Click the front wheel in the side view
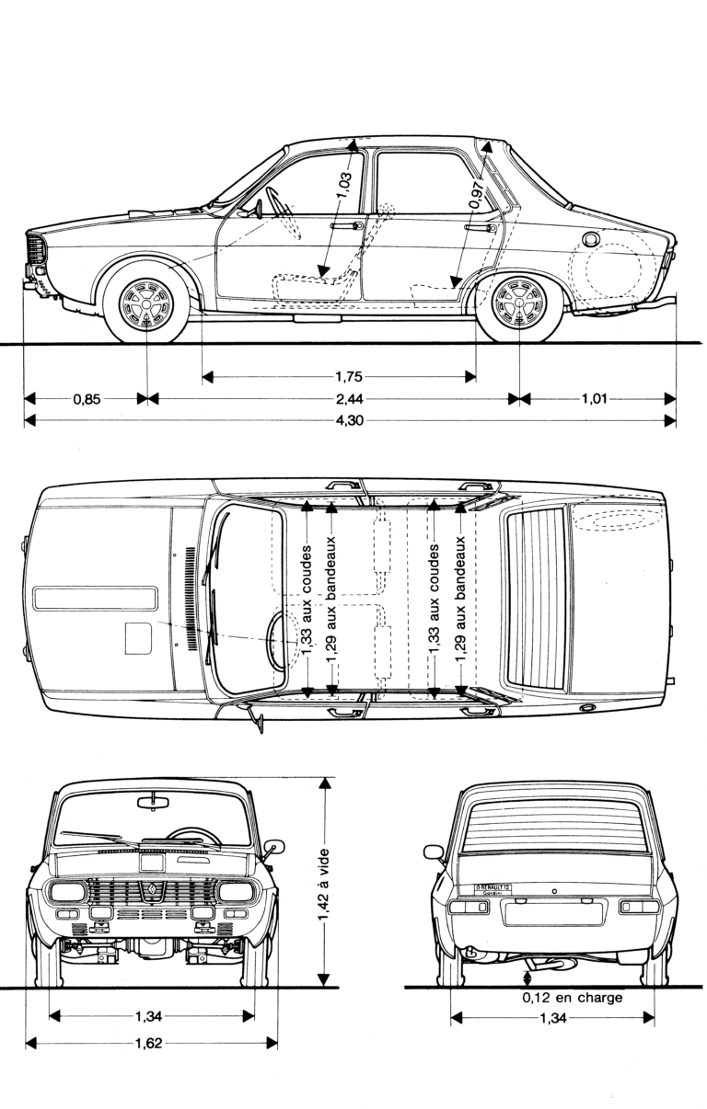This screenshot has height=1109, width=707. [147, 302]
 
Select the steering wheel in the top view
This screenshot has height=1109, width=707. [277, 641]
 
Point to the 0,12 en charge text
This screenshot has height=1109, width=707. [572, 998]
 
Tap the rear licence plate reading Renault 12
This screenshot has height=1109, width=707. [493, 888]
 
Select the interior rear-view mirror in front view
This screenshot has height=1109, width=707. [153, 804]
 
